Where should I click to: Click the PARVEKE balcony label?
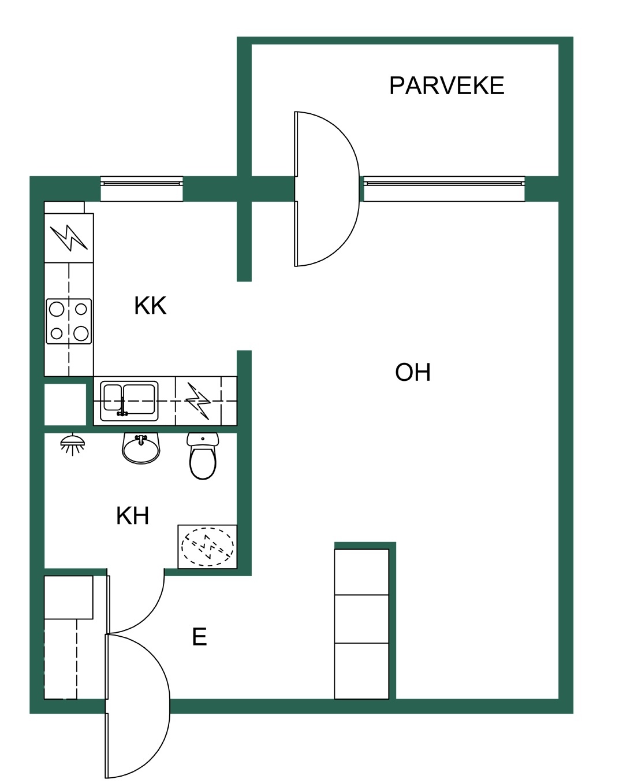(446, 86)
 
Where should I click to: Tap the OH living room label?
(412, 372)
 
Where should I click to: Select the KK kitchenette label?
(150, 305)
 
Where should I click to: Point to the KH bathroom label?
(132, 515)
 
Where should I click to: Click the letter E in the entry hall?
(199, 637)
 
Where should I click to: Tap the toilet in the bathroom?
(203, 455)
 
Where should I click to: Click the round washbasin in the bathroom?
(141, 448)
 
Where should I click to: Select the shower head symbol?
(72, 444)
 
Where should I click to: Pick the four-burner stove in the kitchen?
(69, 321)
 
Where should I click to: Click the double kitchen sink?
(129, 401)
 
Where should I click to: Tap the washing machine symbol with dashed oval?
(207, 547)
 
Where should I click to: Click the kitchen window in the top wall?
(141, 188)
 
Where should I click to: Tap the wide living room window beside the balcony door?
(443, 188)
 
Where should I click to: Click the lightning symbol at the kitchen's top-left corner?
(69, 238)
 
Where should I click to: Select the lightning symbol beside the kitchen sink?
(198, 401)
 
